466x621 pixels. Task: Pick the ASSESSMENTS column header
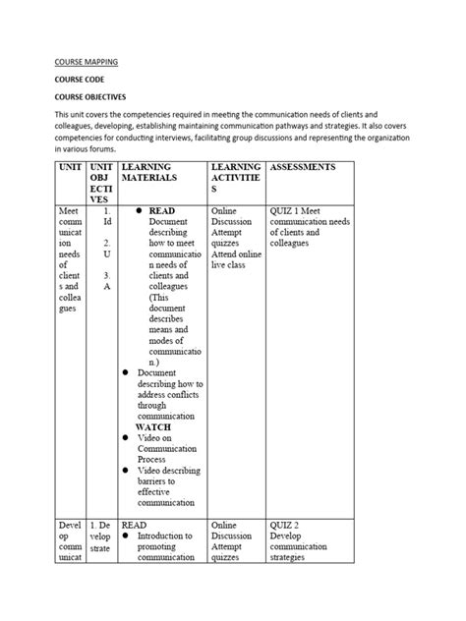tap(302, 167)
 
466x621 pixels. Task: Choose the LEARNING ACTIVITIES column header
tap(235, 177)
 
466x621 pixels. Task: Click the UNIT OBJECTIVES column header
tap(101, 184)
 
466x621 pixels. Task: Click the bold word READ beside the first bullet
tap(162, 211)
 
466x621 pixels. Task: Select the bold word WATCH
tap(153, 426)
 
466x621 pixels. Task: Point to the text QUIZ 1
tap(287, 211)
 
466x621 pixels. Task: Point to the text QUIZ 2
tap(287, 526)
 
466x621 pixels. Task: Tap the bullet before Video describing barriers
tap(126, 471)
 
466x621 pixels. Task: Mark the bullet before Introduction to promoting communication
tap(126, 536)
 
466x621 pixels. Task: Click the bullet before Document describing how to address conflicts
tap(126, 372)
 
